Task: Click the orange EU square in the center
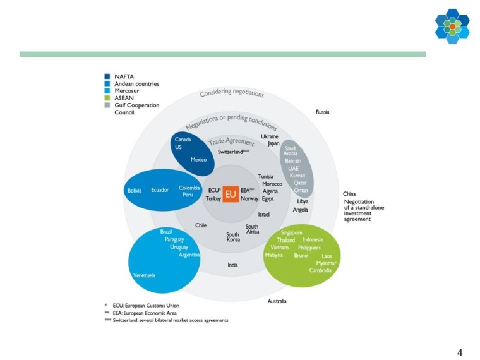point(231,194)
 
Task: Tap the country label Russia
point(322,112)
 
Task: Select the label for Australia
point(277,301)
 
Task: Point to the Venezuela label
point(144,275)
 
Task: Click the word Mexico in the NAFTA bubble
point(198,160)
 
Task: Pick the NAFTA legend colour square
point(107,76)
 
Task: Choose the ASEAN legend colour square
point(107,98)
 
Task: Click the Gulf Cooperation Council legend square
point(107,105)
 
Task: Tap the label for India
point(232,265)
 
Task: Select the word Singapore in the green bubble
point(291,232)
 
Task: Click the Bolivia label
point(134,190)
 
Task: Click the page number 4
point(460,352)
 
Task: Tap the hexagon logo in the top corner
point(452,26)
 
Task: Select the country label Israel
point(263,215)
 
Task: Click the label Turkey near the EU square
point(213,198)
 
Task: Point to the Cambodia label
point(320,270)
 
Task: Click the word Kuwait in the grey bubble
point(297,176)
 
